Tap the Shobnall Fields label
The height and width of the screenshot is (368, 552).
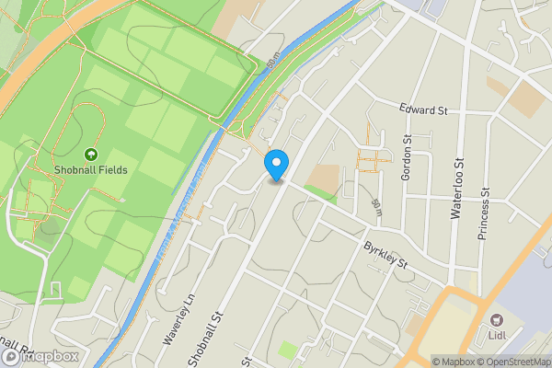pos(91,170)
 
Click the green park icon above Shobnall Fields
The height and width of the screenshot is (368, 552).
pos(91,155)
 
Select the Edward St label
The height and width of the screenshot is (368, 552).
pos(423,110)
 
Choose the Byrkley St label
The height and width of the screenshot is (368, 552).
pos(385,257)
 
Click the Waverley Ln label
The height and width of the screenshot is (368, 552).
pos(180,319)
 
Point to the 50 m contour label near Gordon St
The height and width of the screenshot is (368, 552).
pos(376,208)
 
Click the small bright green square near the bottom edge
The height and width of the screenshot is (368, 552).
pos(288,351)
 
